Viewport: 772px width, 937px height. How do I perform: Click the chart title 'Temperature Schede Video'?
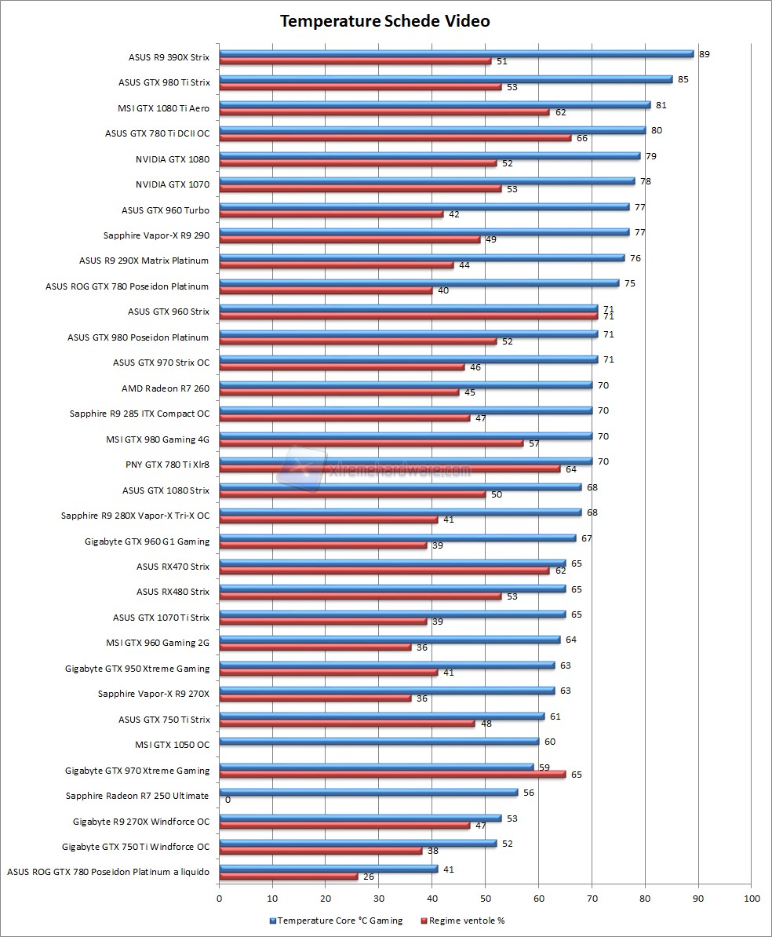pyautogui.click(x=385, y=21)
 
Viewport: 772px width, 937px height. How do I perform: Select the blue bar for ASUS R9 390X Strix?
pyautogui.click(x=455, y=53)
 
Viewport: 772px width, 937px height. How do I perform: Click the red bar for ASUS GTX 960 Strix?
pyautogui.click(x=408, y=316)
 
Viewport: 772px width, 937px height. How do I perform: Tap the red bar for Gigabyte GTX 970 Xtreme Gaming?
pyautogui.click(x=392, y=775)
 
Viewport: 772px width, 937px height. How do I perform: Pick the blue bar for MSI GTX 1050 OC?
pyautogui.click(x=379, y=741)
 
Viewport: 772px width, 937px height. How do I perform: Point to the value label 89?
pyautogui.click(x=705, y=54)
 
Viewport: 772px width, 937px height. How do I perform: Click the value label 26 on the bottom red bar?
pyautogui.click(x=369, y=877)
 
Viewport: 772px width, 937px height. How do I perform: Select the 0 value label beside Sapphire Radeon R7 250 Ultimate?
pyautogui.click(x=228, y=800)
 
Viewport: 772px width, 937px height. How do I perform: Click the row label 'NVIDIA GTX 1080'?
pyautogui.click(x=172, y=159)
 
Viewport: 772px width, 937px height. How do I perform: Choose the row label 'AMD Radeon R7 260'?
pyautogui.click(x=166, y=388)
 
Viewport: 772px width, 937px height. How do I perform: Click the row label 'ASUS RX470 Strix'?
pyautogui.click(x=173, y=567)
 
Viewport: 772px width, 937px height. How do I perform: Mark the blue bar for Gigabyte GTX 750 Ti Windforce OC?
pyautogui.click(x=357, y=843)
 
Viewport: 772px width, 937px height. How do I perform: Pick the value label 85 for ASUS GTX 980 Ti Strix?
pyautogui.click(x=683, y=79)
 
